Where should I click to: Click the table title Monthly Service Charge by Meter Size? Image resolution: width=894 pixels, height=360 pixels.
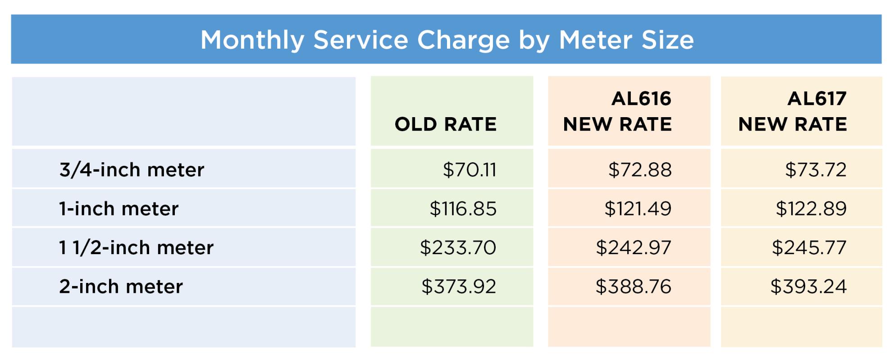[447, 40]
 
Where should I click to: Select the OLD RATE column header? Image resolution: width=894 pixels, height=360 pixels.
[446, 124]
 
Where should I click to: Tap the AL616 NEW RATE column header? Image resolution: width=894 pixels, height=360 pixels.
[617, 111]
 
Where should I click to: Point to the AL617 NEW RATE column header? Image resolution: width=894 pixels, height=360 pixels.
[793, 111]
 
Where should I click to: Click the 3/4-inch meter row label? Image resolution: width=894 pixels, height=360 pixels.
[132, 170]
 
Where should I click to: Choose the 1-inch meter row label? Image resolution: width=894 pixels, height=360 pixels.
[119, 209]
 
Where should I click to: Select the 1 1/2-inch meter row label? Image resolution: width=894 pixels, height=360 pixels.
[136, 248]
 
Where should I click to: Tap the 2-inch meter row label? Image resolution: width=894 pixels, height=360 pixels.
[121, 287]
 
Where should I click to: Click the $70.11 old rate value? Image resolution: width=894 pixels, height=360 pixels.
[470, 170]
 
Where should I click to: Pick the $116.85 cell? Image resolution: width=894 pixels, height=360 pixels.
[463, 209]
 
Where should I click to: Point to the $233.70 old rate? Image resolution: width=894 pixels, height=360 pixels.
[458, 248]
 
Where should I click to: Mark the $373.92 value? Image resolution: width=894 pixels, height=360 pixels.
[459, 287]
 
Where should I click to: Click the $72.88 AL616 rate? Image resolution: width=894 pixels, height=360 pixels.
[640, 170]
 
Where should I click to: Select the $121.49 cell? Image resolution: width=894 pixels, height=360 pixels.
[638, 209]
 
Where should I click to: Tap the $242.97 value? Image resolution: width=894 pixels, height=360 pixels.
[634, 248]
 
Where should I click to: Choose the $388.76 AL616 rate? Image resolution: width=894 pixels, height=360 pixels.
[634, 287]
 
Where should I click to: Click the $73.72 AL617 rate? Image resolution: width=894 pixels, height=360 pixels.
[816, 170]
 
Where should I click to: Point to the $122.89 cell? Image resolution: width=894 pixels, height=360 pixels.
[811, 209]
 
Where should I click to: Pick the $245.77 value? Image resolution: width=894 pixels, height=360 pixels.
[809, 248]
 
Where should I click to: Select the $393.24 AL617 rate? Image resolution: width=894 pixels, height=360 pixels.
[808, 287]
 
